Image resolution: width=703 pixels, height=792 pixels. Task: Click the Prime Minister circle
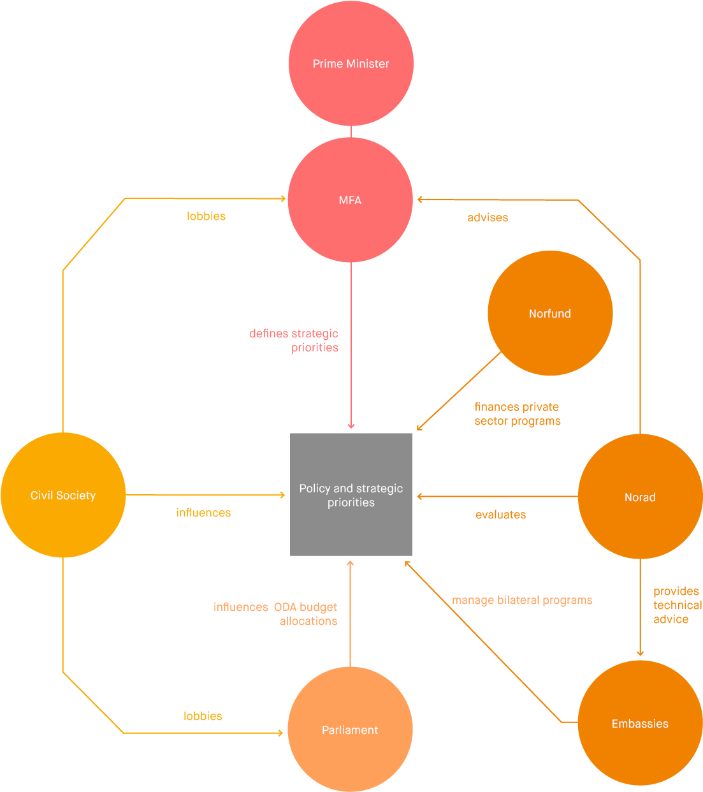point(351,63)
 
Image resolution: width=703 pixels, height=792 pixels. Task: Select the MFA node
point(350,200)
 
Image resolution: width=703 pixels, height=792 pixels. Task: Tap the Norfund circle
point(550,313)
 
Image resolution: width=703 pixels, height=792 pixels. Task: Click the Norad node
point(640,497)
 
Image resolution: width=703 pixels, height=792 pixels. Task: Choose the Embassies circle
point(640,723)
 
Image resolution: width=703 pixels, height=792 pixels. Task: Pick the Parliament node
point(350,730)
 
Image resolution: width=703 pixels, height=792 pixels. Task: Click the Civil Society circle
point(63,495)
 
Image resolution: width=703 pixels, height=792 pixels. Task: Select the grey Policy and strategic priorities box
point(351,495)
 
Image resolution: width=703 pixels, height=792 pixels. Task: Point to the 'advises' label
point(488,217)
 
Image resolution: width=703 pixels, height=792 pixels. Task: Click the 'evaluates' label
point(500,515)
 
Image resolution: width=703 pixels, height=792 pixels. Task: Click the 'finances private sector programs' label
point(517,414)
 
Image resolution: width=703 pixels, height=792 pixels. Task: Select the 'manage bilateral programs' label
point(522,600)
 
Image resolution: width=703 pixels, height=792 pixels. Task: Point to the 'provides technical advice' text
point(676,605)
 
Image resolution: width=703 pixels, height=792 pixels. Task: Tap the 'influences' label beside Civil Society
point(203,513)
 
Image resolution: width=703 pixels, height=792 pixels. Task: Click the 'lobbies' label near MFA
point(206,216)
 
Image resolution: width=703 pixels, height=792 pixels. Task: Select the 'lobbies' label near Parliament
point(203,716)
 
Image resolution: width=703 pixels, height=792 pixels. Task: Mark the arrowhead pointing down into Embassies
point(640,653)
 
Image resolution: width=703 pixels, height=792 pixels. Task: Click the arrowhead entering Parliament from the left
point(280,733)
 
